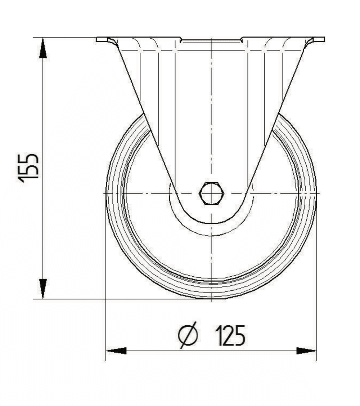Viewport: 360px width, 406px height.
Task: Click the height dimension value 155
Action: coord(28,168)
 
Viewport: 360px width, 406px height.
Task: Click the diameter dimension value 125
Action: coord(231,336)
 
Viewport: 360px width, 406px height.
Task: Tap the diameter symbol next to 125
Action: coord(188,336)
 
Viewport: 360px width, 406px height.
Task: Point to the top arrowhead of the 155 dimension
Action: coord(43,49)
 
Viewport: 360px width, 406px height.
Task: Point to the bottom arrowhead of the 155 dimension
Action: coord(43,288)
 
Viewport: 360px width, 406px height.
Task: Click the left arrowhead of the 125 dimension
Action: coord(116,351)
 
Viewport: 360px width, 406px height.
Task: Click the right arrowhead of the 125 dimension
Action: coord(306,351)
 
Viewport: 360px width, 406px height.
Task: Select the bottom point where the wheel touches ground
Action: coord(211,298)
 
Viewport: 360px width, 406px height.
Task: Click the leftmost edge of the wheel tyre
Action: coord(106,193)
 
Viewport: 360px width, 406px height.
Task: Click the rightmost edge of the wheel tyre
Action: coord(316,193)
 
